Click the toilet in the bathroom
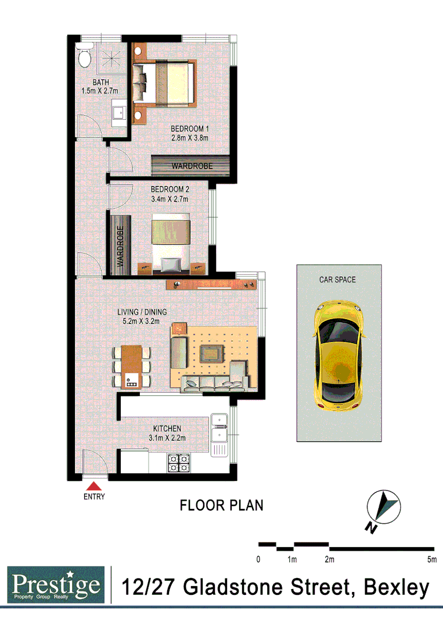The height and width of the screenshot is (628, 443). point(84,57)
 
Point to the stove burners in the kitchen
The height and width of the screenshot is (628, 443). point(178,462)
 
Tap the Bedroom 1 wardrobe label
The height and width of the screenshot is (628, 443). point(192,166)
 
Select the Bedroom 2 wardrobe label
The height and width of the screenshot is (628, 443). point(121,246)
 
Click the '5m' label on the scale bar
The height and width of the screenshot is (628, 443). point(431,560)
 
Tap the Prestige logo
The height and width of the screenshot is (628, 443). point(56,585)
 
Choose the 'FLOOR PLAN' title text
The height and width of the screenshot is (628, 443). point(221,505)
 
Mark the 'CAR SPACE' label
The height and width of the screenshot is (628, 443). point(337,279)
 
